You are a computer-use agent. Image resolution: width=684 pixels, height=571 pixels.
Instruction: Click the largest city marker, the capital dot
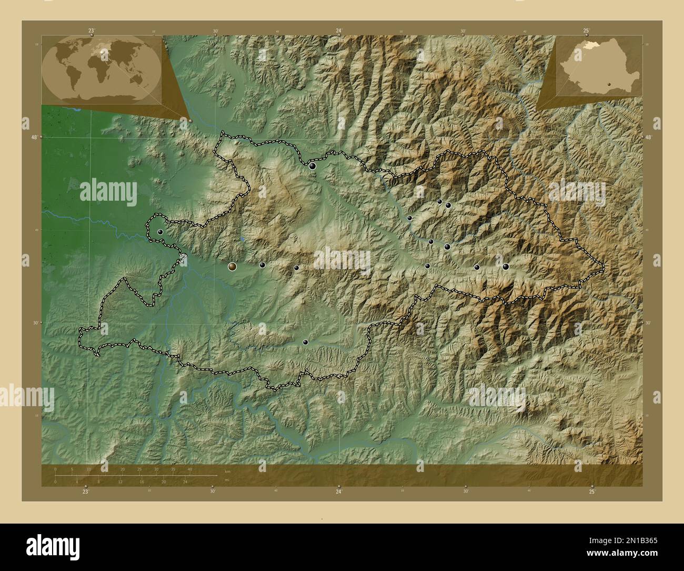pyautogui.click(x=232, y=267)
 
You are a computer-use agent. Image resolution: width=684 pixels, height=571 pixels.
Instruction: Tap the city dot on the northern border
pyautogui.click(x=313, y=166)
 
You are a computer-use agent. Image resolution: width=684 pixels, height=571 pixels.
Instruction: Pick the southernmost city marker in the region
pyautogui.click(x=305, y=342)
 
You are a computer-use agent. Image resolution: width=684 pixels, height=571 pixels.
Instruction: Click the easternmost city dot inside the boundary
pyautogui.click(x=506, y=267)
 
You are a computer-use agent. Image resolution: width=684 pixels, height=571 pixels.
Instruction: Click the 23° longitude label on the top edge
pyautogui.click(x=91, y=31)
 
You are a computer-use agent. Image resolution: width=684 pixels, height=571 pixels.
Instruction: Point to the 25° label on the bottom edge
pyautogui.click(x=592, y=492)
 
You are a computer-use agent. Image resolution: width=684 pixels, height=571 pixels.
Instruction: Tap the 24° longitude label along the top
pyautogui.click(x=339, y=31)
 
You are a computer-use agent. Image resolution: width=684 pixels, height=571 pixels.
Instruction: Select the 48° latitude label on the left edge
pyautogui.click(x=34, y=137)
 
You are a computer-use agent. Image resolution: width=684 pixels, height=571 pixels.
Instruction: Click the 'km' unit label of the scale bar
pyautogui.click(x=227, y=471)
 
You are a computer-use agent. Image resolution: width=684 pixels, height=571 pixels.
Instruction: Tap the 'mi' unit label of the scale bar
pyautogui.click(x=227, y=480)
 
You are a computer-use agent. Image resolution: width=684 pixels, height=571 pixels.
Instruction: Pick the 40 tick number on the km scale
pyautogui.click(x=190, y=469)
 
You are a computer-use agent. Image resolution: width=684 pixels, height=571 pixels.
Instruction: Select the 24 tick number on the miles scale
pyautogui.click(x=185, y=482)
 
